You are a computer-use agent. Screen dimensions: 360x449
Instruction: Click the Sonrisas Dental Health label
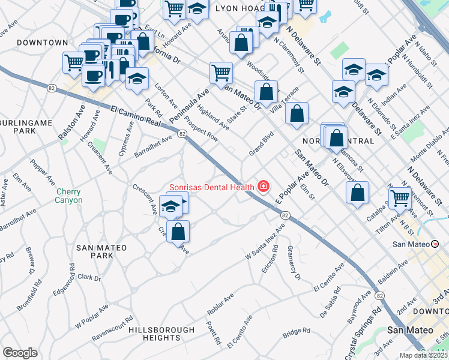pyautogui.click(x=211, y=187)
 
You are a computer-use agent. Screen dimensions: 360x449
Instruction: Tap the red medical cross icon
pyautogui.click(x=262, y=187)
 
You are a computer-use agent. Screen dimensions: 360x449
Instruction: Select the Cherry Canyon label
pyautogui.click(x=69, y=196)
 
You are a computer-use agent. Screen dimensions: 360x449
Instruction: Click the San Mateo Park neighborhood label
pyautogui.click(x=95, y=251)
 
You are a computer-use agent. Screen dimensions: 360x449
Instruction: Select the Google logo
pyautogui.click(x=20, y=352)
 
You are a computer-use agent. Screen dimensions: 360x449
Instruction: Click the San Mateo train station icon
pyautogui.click(x=435, y=244)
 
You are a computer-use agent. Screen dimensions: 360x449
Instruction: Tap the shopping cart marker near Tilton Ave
pyautogui.click(x=400, y=197)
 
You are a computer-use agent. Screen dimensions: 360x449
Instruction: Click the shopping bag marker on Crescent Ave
pyautogui.click(x=178, y=232)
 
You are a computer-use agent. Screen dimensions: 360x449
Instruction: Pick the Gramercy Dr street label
pyautogui.click(x=294, y=263)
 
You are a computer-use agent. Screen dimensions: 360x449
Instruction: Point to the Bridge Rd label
pyautogui.click(x=296, y=331)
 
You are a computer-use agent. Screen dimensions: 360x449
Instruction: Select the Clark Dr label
pyautogui.click(x=89, y=277)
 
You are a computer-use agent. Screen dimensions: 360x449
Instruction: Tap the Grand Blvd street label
pyautogui.click(x=262, y=144)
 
